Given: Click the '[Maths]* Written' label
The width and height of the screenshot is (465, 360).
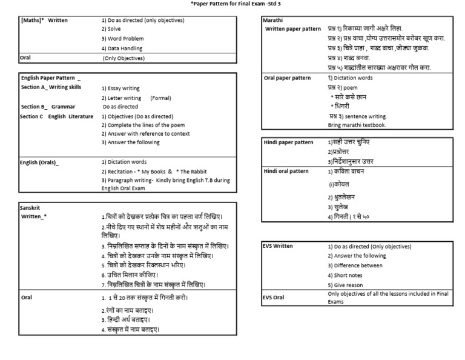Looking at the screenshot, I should (45, 20).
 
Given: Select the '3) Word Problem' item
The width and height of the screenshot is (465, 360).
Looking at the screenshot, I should (123, 39).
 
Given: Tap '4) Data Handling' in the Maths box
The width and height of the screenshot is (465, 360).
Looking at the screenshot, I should (122, 48).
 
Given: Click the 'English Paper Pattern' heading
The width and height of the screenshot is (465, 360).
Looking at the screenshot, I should (50, 79).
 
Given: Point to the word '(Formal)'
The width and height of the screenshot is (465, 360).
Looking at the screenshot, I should (160, 98).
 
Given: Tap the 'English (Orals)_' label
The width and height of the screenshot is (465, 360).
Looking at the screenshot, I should (40, 162).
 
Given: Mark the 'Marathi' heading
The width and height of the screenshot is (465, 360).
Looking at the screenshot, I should (272, 20).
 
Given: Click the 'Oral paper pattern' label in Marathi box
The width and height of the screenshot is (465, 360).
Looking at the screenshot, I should (288, 78).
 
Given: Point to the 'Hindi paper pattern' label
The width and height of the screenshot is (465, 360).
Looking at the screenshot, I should (289, 142).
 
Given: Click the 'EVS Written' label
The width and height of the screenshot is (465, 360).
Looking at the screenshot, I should (279, 247).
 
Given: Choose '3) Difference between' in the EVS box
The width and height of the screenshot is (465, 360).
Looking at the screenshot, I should (355, 265).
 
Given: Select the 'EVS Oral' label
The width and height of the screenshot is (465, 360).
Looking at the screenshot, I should (274, 298).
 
